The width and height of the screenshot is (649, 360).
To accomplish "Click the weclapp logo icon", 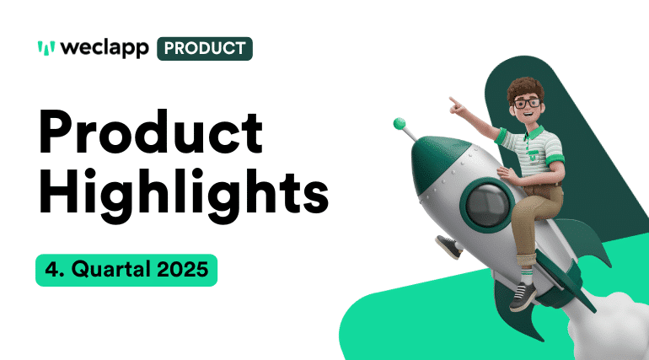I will (46, 48).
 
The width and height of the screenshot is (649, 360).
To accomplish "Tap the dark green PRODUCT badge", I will (204, 48).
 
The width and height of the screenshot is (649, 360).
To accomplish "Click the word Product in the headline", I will (150, 133).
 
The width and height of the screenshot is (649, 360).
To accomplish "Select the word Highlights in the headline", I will (183, 196).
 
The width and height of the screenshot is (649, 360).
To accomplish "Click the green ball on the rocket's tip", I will (400, 124).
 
